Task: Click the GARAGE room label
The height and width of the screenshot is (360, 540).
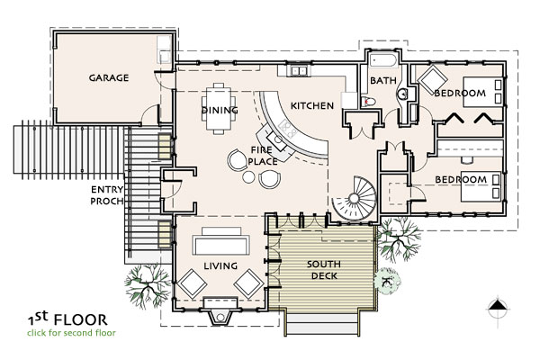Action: point(109,78)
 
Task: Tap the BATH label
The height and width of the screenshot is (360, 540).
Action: point(383,81)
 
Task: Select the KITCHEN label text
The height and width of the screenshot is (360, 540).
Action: point(312,106)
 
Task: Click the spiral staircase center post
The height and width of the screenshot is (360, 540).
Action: point(354,198)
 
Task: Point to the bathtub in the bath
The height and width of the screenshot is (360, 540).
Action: point(383,61)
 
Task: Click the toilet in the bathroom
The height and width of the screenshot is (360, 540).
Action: point(368,102)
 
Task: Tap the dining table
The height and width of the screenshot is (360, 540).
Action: point(219,108)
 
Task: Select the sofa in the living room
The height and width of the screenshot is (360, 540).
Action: point(220,241)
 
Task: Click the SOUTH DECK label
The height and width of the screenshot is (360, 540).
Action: point(324,270)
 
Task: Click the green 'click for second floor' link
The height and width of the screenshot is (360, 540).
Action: point(72,333)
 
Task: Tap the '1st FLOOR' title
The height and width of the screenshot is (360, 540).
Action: point(67,319)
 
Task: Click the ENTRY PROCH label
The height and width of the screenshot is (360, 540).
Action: point(107,195)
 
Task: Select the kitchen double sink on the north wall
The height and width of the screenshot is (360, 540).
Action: point(299,70)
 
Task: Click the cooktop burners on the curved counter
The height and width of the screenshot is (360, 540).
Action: point(288,129)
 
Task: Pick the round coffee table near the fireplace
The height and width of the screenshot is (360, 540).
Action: point(248,176)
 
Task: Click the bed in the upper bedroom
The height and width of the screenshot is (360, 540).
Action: point(482,92)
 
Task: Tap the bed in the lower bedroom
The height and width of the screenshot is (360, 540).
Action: point(481,186)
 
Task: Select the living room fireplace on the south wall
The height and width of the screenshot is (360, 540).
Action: point(220,310)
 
